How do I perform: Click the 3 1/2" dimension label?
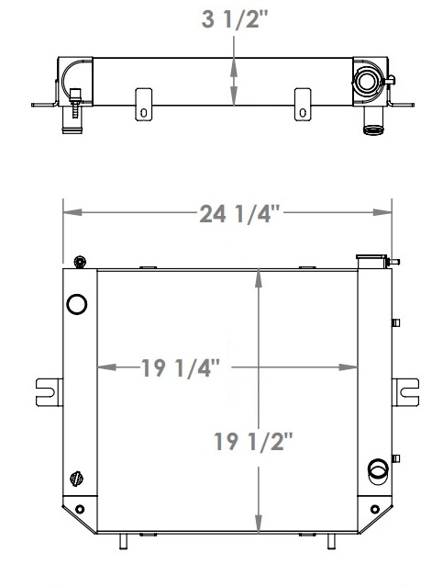point(238,20)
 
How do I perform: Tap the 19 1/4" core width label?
point(181,368)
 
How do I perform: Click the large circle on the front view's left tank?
point(77,303)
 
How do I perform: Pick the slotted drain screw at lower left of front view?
point(77,477)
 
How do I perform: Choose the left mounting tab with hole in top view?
point(143,104)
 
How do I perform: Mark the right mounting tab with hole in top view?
point(302,104)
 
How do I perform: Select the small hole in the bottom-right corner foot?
point(372,509)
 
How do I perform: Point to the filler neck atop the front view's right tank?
point(369,261)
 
